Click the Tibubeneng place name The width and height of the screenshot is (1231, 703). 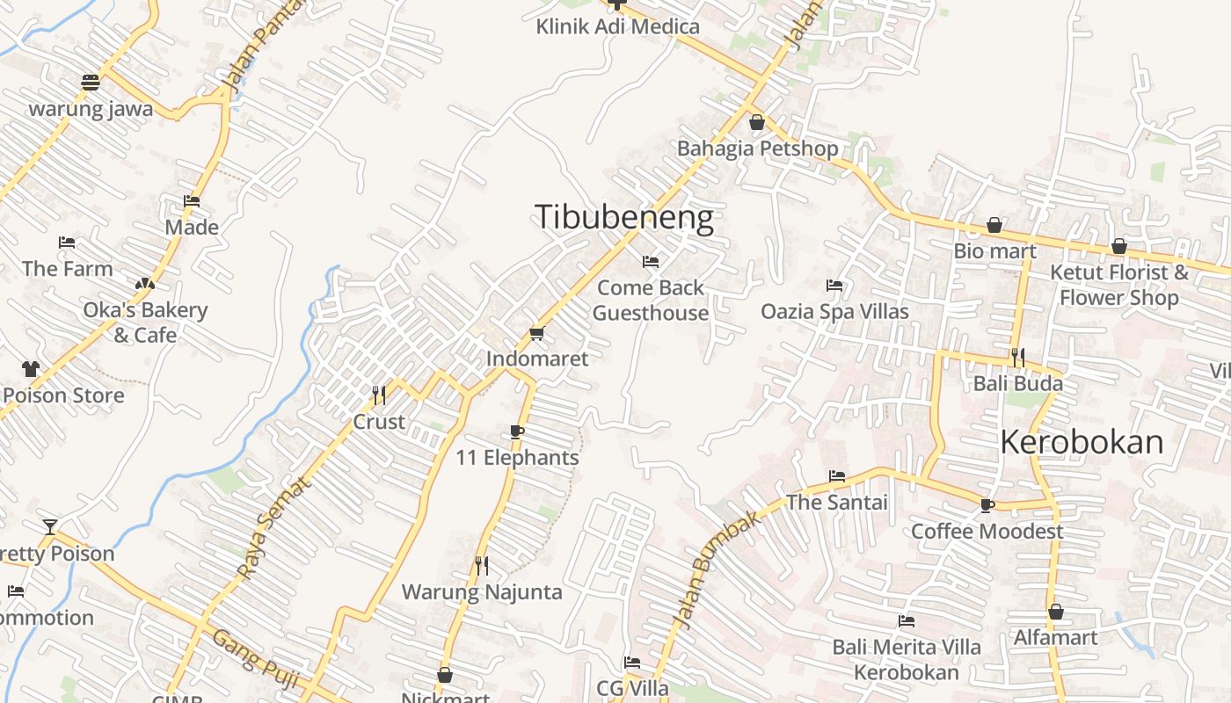click(624, 217)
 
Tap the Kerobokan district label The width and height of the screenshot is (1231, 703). click(1082, 441)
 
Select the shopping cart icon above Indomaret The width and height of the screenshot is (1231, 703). click(536, 334)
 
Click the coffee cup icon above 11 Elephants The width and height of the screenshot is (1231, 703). click(517, 431)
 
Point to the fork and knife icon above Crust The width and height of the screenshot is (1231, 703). click(379, 395)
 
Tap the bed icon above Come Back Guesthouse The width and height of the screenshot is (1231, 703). click(651, 262)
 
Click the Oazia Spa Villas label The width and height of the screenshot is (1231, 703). click(834, 311)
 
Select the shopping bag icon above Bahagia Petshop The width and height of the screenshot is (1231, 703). click(756, 122)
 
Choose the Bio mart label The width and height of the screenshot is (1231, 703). click(994, 251)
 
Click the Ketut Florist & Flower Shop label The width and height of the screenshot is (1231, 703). click(1118, 285)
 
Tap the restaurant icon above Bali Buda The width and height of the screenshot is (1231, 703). click(1017, 358)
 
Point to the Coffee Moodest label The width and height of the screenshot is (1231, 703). click(987, 531)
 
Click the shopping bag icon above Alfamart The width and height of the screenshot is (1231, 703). click(1055, 612)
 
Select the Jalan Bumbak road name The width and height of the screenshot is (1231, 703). click(718, 569)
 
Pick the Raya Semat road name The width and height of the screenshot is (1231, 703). click(274, 527)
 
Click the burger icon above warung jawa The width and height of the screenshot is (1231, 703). click(91, 83)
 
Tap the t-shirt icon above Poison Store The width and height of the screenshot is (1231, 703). click(31, 369)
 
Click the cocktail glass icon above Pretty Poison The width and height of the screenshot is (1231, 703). click(50, 527)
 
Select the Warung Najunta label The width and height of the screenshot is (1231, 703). click(482, 591)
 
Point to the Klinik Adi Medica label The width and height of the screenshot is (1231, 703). click(617, 26)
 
